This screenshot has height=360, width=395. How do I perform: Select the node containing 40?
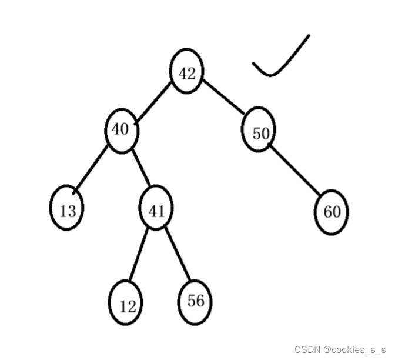coord(122,129)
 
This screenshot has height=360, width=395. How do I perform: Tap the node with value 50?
coord(259,132)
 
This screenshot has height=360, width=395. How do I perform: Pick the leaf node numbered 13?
coord(67,209)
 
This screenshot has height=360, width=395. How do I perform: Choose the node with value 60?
coord(332,212)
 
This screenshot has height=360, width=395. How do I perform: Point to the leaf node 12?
coord(126,305)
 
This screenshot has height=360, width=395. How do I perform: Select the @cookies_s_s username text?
coord(353,349)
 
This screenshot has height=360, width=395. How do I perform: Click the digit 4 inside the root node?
coord(183,74)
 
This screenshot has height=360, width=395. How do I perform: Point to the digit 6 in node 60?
coord(327,212)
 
